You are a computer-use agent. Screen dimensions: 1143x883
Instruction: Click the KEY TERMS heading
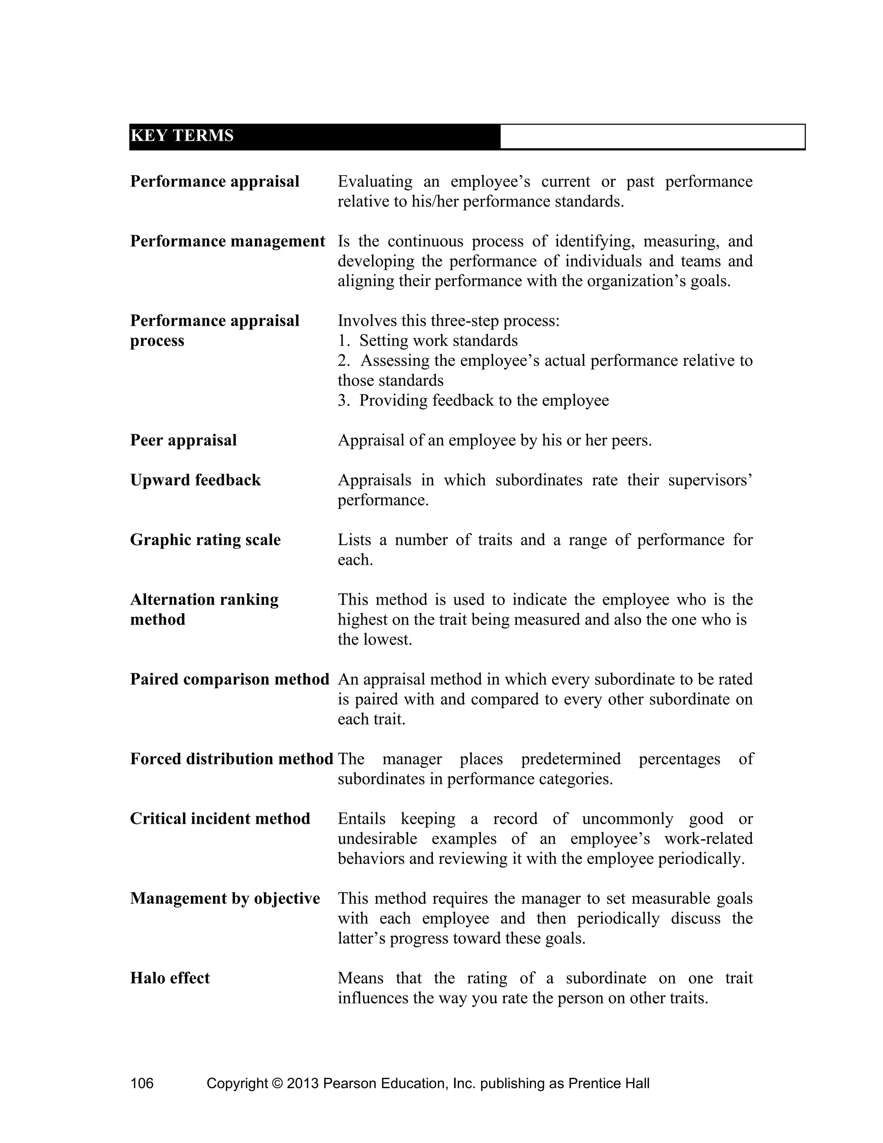click(x=182, y=136)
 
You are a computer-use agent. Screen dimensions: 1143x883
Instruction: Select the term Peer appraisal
click(x=183, y=440)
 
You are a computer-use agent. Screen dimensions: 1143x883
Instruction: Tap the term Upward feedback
click(x=195, y=480)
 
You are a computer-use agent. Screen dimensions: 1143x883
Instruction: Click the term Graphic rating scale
click(x=205, y=540)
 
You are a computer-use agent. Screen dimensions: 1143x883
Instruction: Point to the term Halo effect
click(x=169, y=978)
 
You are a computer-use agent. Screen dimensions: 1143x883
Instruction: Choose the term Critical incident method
click(x=220, y=819)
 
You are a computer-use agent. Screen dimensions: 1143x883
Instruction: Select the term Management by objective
click(x=225, y=898)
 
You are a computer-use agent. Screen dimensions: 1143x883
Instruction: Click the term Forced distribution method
click(x=231, y=759)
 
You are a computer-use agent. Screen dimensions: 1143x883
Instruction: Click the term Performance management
click(x=228, y=241)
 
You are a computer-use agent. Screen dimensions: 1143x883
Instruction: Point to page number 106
click(x=142, y=1083)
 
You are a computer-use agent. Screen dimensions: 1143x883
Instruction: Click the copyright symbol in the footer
click(x=277, y=1083)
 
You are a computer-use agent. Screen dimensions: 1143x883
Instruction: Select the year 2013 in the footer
click(x=302, y=1083)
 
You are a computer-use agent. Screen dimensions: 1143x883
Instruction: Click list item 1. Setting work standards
click(x=427, y=341)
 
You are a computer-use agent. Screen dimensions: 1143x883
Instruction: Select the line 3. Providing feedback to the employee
click(x=473, y=400)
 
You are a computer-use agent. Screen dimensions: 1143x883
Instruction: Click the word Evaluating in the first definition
click(x=375, y=182)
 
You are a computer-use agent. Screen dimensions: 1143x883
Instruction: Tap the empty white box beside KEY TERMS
click(x=652, y=137)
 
